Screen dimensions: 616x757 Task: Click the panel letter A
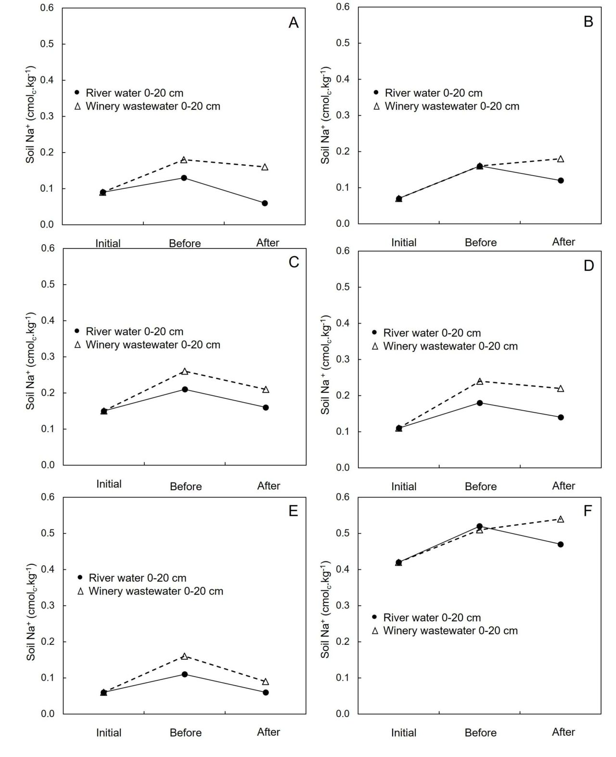pos(293,23)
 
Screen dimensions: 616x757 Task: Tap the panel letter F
pos(588,511)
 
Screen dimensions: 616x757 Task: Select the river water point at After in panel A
pos(265,203)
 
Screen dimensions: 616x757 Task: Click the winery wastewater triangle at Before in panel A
pos(183,159)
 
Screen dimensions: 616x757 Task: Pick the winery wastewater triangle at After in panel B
pos(561,159)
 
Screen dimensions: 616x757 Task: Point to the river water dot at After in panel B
pos(561,181)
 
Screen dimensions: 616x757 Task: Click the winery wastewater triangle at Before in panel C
pos(185,371)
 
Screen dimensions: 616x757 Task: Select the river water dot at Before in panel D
pos(480,403)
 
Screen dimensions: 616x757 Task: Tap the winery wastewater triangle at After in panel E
pos(266,682)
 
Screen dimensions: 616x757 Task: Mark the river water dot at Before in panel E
pos(185,674)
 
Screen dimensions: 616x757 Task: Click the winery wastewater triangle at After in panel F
pos(561,519)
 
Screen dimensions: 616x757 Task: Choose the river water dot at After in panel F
pos(561,544)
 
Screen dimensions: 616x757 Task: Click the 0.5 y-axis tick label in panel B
pos(343,43)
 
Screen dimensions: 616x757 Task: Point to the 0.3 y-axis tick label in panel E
pos(48,605)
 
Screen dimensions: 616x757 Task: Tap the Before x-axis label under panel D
pos(481,486)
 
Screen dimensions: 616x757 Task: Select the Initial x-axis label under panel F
pos(404,733)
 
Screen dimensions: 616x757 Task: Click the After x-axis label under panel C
pos(269,485)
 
